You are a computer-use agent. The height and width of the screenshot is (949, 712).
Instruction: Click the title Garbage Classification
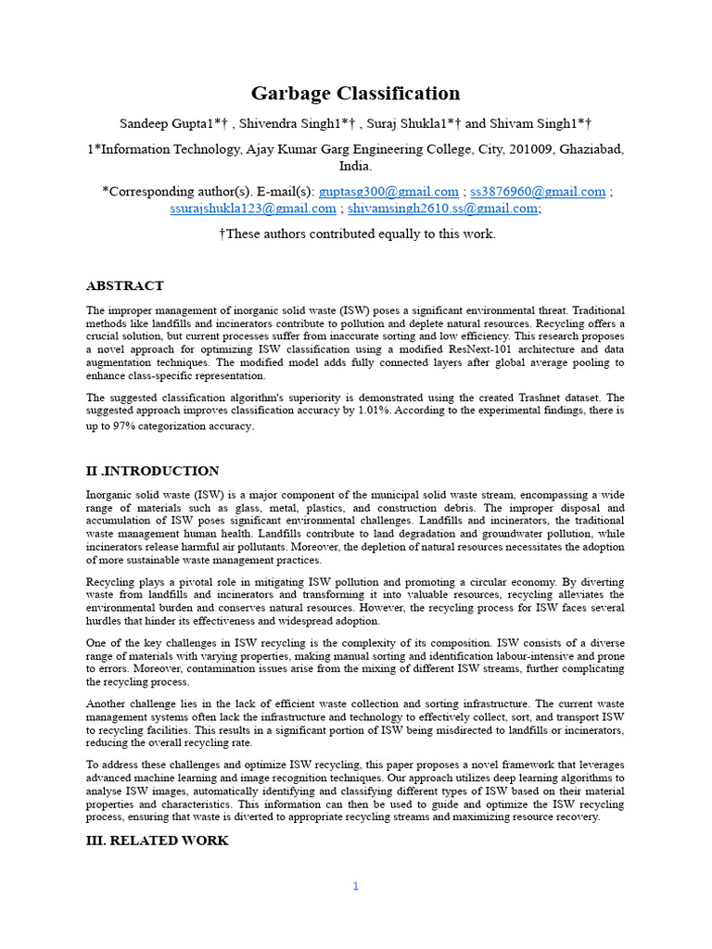[x=355, y=93]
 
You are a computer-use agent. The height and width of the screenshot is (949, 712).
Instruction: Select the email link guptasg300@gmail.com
[x=388, y=192]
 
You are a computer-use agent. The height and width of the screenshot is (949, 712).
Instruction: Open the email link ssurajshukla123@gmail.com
[x=252, y=209]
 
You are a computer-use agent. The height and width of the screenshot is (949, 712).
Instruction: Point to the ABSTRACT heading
[x=125, y=285]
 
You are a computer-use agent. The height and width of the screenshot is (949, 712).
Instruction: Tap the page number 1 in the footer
[x=355, y=886]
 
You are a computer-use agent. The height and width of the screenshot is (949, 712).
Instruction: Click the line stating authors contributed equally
[x=357, y=234]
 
